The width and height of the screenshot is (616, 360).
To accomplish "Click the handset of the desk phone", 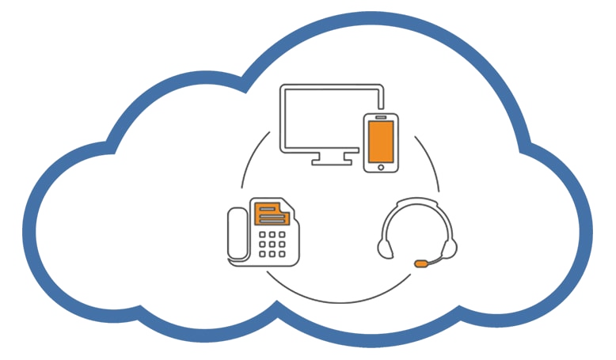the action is point(238,233).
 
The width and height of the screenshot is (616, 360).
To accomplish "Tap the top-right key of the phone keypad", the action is point(283,234).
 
